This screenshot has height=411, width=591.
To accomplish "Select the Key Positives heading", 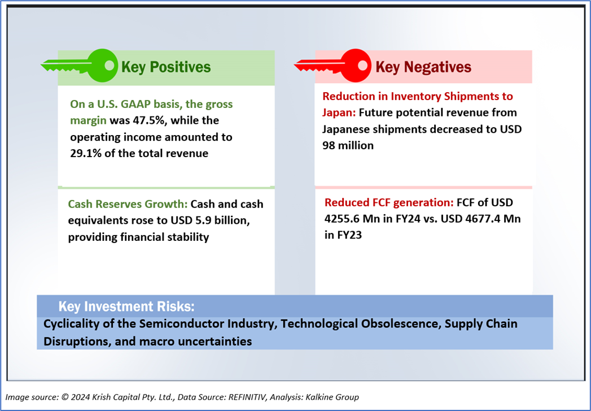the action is (x=166, y=67).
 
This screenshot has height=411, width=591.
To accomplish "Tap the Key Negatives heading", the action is (x=423, y=67).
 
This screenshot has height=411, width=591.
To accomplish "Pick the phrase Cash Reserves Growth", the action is (x=128, y=204).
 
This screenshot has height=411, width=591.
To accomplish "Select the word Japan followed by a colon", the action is (x=339, y=113).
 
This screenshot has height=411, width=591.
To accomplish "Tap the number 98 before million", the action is (x=329, y=146).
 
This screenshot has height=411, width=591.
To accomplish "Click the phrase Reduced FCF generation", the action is (x=389, y=202).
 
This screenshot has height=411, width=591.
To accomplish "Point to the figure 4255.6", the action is (x=345, y=219).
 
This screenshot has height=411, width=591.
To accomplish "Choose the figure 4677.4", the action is (x=478, y=219).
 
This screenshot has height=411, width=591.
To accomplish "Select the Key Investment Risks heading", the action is (x=126, y=306).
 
